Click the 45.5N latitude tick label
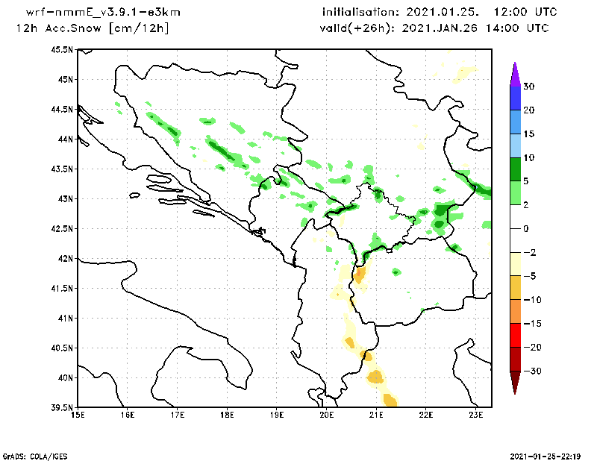tap(63, 49)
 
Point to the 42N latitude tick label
tap(66, 258)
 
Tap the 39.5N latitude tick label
tap(63, 407)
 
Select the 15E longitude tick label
tap(78, 415)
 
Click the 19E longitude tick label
tap(277, 415)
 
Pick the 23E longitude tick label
tap(476, 415)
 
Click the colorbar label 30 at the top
tap(528, 87)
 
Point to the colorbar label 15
tap(528, 134)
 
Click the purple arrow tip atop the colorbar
tap(514, 73)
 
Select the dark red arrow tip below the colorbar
tap(514, 383)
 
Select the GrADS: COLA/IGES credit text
tap(31, 455)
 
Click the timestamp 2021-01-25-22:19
tap(547, 455)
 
